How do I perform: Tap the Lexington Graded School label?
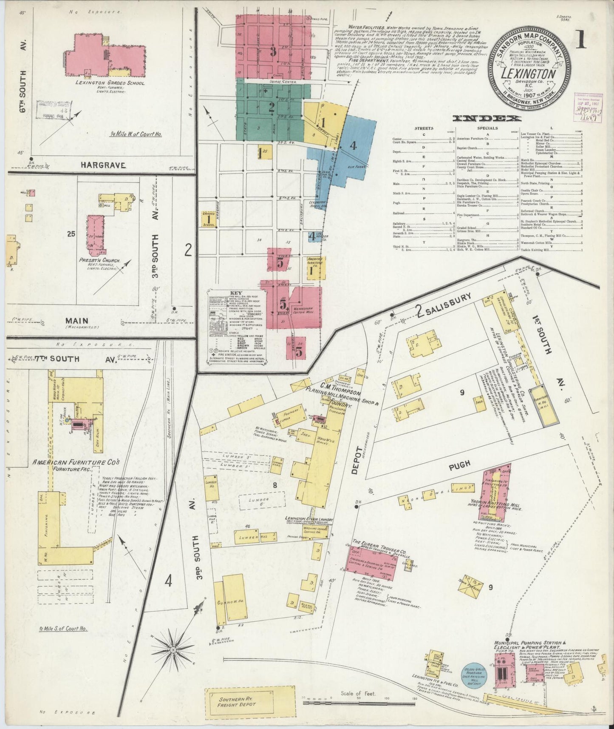tap(110, 83)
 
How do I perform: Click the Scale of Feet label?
tap(358, 693)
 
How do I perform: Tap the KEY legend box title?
tap(235, 293)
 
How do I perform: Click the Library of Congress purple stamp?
tap(585, 106)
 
